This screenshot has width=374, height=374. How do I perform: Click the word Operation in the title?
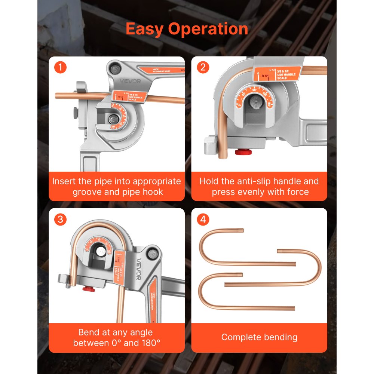point(209,29)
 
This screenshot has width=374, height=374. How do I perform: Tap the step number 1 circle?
point(60,68)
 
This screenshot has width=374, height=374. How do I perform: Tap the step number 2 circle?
point(203,68)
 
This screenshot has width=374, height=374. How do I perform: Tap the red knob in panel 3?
point(88,289)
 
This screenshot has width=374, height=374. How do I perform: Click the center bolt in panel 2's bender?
point(255,103)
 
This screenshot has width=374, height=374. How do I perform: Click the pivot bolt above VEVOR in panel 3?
point(152,254)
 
